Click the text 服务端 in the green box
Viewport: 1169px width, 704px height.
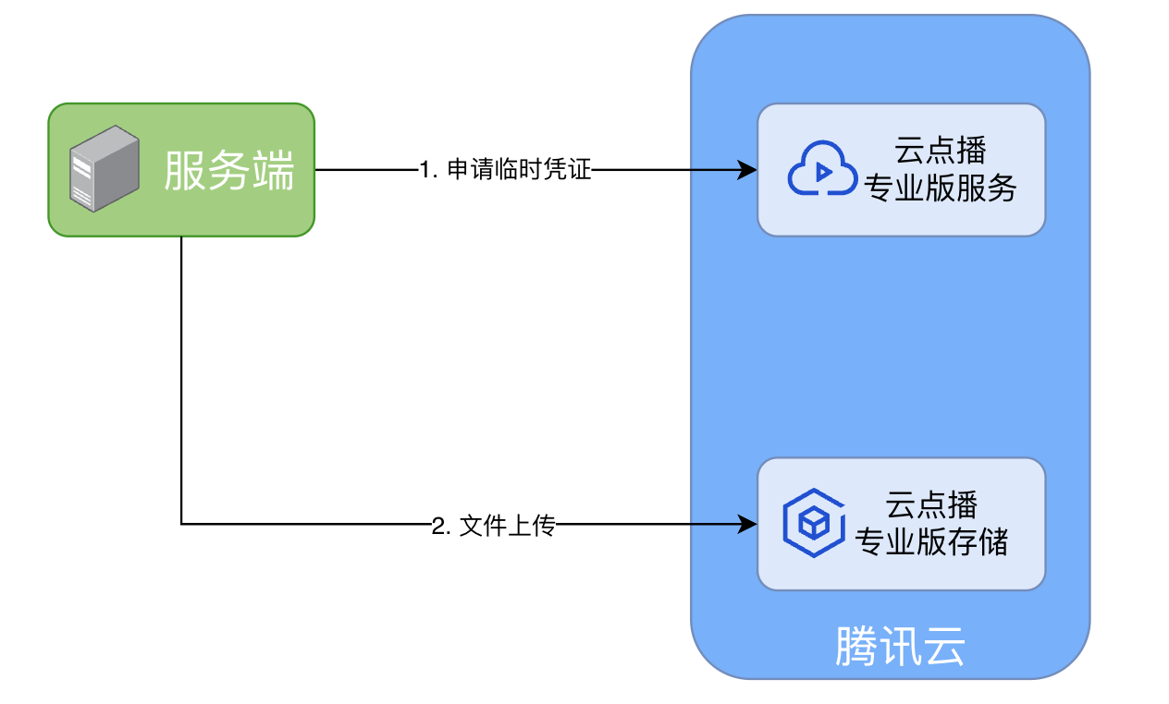point(228,171)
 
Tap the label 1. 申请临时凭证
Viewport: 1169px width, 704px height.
point(504,170)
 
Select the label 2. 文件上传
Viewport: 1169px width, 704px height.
point(493,527)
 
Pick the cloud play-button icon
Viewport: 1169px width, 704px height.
point(822,169)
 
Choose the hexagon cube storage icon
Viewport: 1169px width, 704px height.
point(813,523)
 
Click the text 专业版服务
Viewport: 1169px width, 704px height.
point(940,188)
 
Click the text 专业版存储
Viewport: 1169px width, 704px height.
point(932,540)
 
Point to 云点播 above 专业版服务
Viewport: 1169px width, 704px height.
point(940,151)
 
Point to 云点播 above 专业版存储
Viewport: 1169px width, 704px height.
point(932,504)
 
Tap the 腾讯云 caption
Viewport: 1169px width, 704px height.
point(900,647)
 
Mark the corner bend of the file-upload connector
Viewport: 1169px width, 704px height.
point(181,525)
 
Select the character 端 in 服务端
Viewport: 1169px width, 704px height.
point(273,171)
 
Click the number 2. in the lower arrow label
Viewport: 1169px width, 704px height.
point(441,527)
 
